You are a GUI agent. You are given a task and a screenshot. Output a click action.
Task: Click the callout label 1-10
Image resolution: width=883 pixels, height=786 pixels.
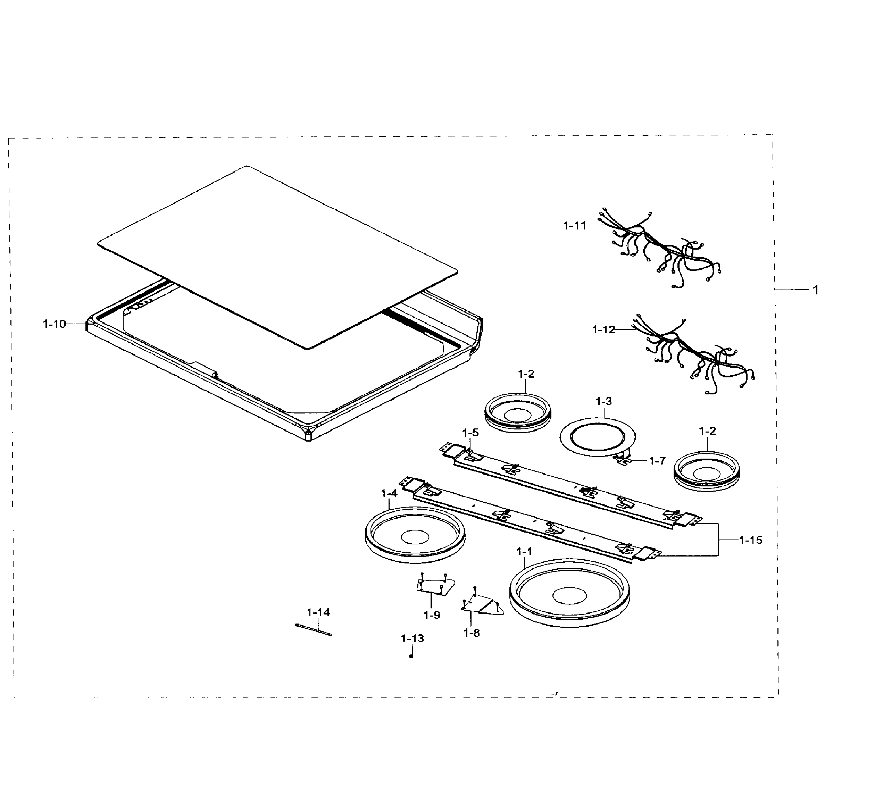(54, 324)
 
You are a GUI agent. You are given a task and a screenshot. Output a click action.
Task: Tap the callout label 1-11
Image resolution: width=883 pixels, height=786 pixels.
(575, 225)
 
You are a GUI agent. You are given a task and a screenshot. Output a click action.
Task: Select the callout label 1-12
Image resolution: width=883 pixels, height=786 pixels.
(603, 329)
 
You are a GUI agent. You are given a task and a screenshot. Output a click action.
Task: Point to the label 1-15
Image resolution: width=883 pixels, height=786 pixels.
(750, 540)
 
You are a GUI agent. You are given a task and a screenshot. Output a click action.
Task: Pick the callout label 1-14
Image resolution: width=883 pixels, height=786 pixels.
(318, 612)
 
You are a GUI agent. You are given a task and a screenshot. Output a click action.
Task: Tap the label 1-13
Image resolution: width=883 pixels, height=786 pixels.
(412, 638)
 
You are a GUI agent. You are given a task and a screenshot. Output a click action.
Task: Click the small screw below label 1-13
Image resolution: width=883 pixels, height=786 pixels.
(411, 656)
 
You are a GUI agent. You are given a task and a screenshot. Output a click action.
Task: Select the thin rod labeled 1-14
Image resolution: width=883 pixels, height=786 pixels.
(313, 630)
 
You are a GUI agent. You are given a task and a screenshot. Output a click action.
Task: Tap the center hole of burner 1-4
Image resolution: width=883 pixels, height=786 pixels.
(415, 537)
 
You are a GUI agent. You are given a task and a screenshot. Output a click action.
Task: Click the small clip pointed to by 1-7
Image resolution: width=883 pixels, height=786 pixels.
(623, 460)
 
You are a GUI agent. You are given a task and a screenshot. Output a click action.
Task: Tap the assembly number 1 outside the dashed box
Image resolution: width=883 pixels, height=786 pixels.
(816, 290)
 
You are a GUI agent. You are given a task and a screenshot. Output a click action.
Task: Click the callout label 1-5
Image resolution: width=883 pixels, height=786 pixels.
(470, 432)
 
